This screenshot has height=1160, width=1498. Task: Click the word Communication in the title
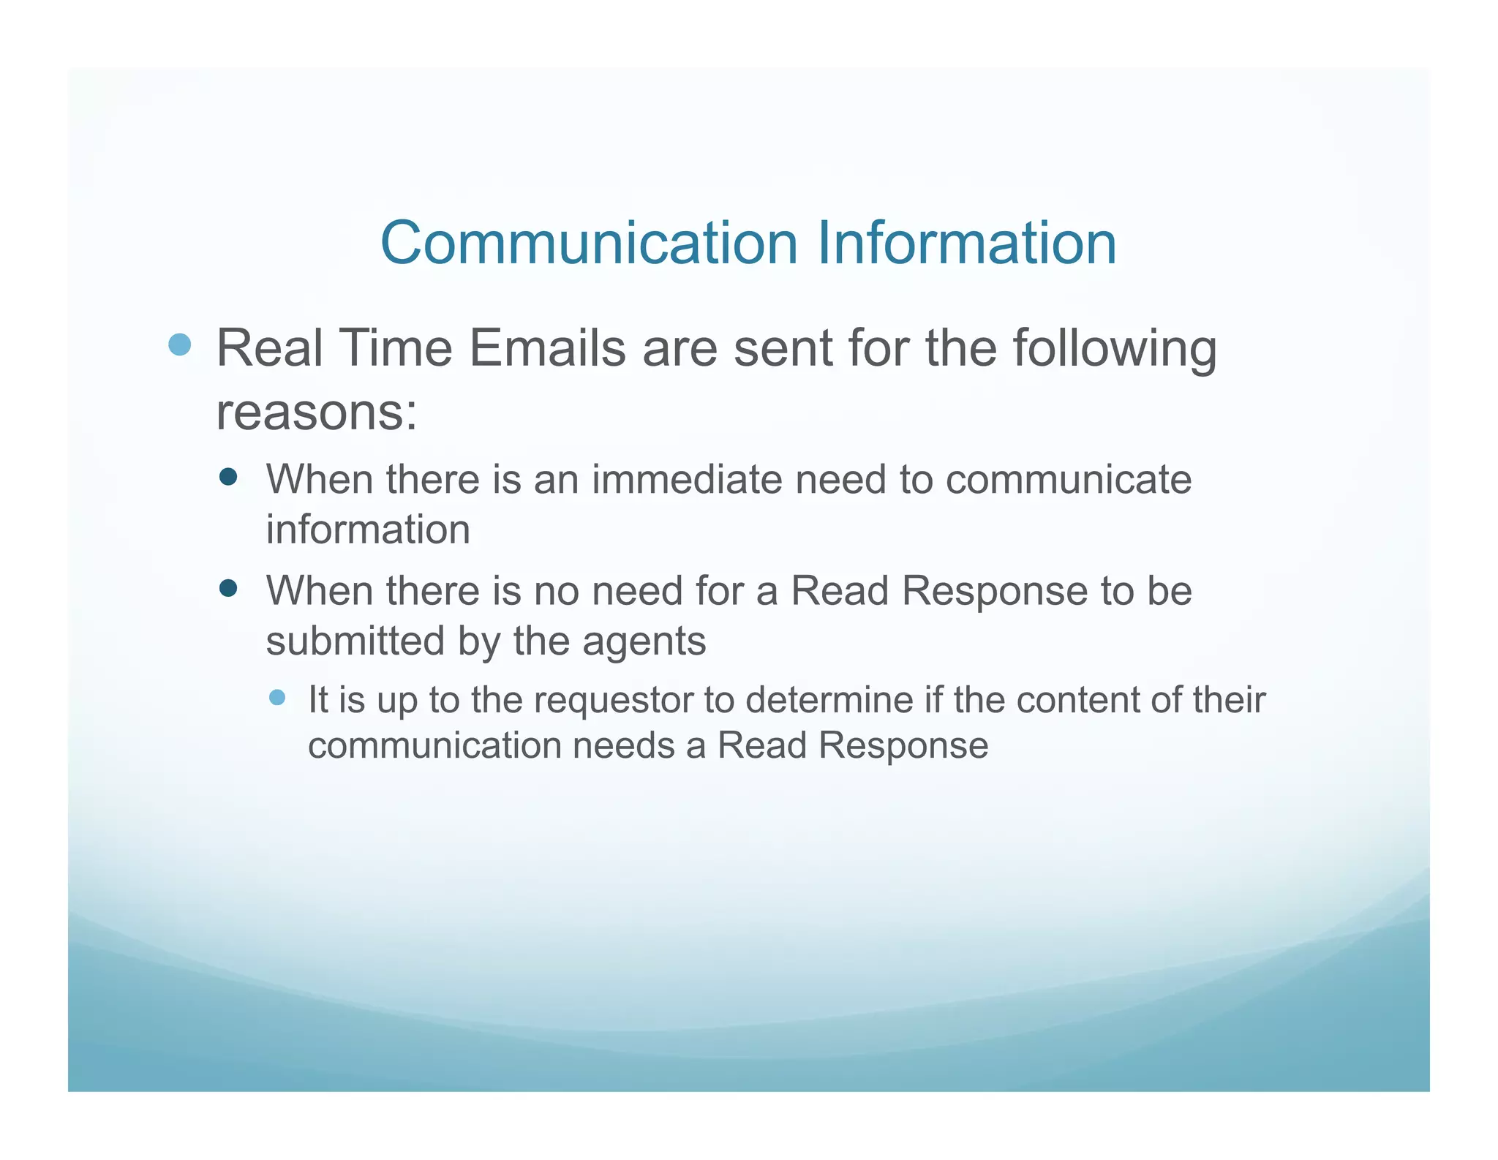pos(589,243)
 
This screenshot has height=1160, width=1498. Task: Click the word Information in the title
pos(966,243)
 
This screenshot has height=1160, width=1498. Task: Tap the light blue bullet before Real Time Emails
pos(179,344)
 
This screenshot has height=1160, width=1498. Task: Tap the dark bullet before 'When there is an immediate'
pos(228,477)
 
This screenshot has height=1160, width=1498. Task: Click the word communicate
pos(1069,480)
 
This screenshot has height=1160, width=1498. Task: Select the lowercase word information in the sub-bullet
pos(368,530)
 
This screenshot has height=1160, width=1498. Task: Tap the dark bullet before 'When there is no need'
pos(228,588)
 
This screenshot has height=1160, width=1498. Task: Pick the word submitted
pos(355,641)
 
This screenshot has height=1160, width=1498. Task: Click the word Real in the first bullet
pos(270,348)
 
